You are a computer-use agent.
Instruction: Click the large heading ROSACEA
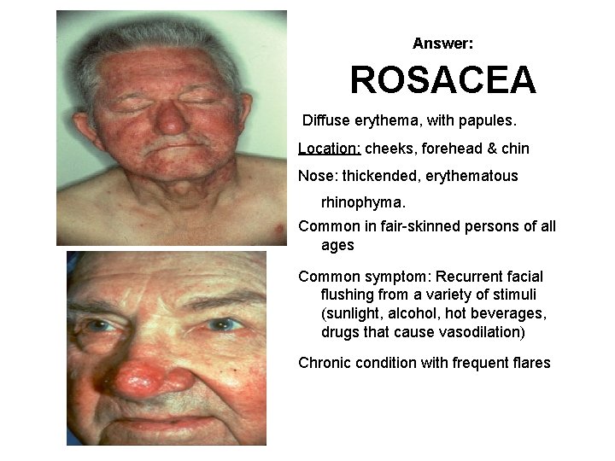click(x=442, y=81)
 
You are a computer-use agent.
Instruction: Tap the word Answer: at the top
click(x=442, y=43)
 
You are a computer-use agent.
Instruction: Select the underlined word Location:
click(x=329, y=149)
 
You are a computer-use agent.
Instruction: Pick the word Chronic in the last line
click(x=324, y=363)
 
